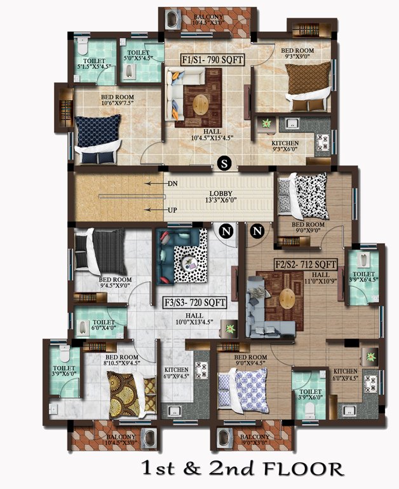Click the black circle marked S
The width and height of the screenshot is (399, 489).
coord(224,163)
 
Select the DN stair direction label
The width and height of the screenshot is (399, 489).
coord(172,184)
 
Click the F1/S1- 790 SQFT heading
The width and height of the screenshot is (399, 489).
coord(211,60)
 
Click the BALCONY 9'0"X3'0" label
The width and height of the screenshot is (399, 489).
coord(255,440)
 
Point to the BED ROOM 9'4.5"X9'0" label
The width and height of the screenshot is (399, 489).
coord(115,283)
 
